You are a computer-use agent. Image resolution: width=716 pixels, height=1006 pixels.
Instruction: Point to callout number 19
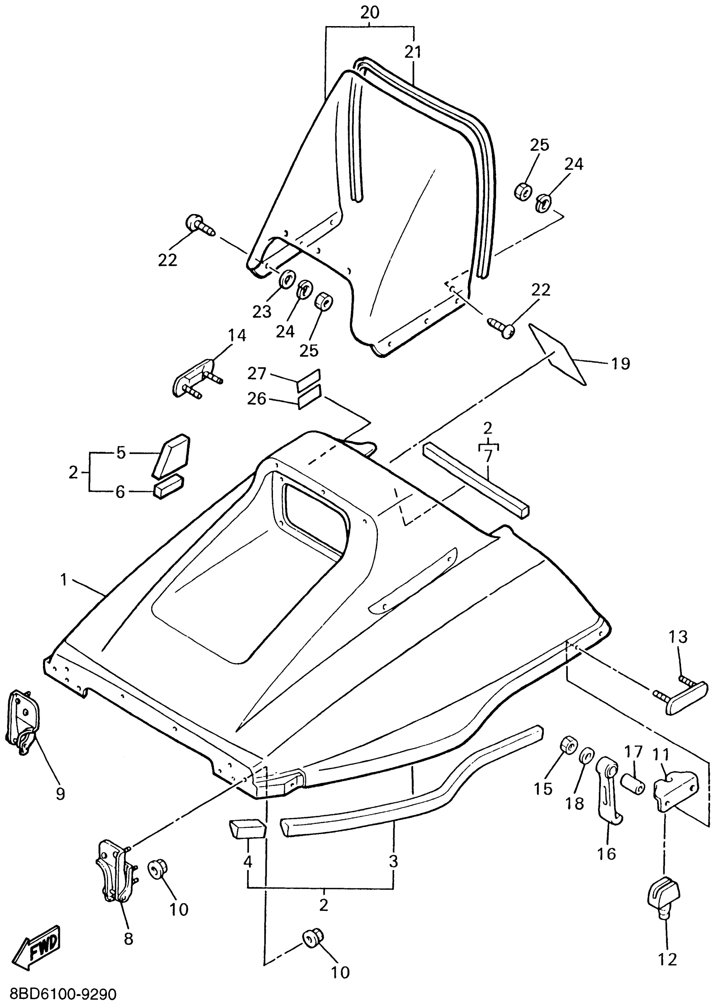(620, 364)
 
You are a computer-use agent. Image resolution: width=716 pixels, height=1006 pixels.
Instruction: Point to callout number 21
(413, 53)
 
